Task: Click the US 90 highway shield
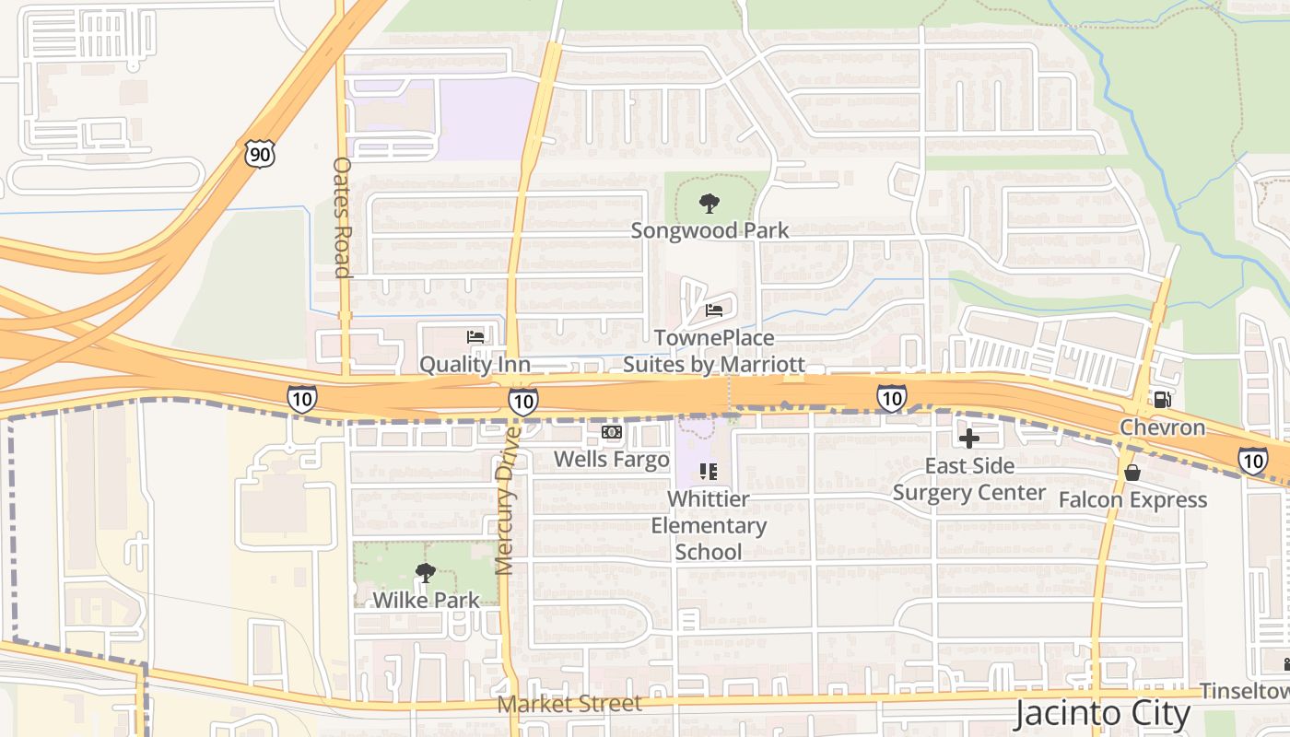tap(260, 154)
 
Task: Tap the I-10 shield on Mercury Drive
tap(522, 401)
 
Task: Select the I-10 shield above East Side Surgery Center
tap(891, 397)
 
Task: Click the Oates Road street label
tap(342, 217)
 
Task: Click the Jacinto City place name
tap(1103, 713)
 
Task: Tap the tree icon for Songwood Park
tap(709, 203)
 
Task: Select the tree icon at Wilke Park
tap(425, 574)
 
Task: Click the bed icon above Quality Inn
tap(475, 337)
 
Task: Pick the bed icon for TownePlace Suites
tap(714, 310)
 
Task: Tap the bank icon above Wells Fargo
tap(612, 432)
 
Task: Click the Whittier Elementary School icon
tap(709, 472)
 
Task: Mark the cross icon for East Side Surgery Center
tap(969, 439)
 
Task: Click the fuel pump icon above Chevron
tap(1162, 400)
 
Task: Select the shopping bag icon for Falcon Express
tap(1132, 473)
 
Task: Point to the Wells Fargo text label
tap(612, 459)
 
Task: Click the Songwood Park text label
tap(709, 230)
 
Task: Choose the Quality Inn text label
tap(475, 365)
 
